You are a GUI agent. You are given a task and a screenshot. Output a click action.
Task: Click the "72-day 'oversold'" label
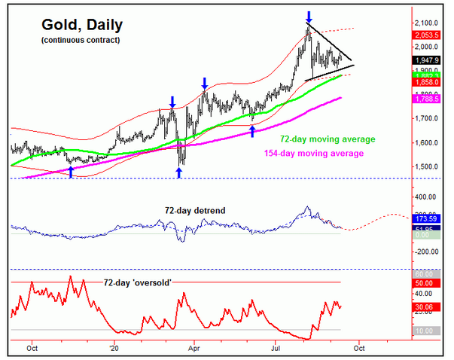[138, 282]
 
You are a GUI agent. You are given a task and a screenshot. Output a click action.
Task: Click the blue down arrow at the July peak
[309, 16]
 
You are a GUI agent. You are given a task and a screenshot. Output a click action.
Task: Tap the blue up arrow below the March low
[178, 173]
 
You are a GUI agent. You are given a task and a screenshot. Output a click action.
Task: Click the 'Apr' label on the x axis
[194, 349]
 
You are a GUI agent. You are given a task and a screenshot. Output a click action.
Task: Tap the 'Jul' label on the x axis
[275, 349]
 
